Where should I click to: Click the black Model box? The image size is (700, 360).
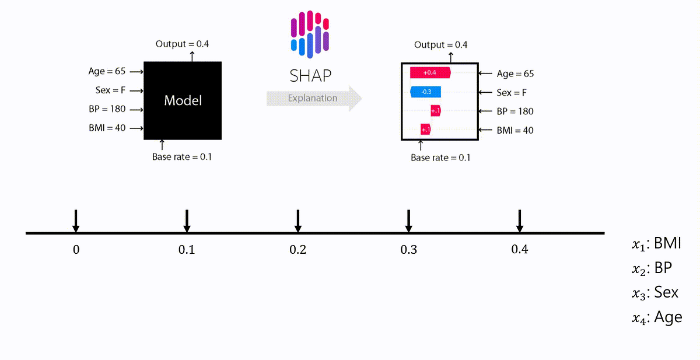click(183, 100)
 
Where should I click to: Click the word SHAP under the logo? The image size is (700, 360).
click(310, 76)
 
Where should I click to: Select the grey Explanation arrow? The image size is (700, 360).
click(314, 98)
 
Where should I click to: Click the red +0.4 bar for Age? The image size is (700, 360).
click(430, 72)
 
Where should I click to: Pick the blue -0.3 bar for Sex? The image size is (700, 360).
click(426, 92)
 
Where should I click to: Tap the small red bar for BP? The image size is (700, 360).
click(435, 111)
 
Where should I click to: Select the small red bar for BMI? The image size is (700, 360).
click(425, 130)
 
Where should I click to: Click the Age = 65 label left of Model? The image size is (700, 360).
click(107, 71)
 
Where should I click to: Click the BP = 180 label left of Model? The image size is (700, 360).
click(106, 109)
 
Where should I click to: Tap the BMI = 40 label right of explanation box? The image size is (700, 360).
click(514, 130)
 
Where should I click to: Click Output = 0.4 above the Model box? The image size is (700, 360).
click(183, 44)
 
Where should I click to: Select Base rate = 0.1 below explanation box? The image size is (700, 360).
click(440, 158)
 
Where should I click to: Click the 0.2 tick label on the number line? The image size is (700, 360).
click(297, 250)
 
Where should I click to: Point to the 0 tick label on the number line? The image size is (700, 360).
click(76, 250)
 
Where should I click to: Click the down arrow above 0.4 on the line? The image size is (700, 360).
click(519, 220)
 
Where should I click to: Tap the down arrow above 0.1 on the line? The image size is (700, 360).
click(187, 220)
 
